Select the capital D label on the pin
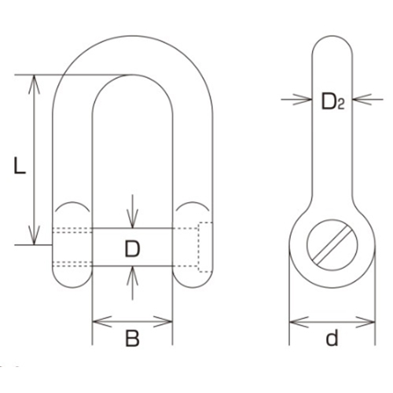tap(132, 250)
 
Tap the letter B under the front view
tap(132, 340)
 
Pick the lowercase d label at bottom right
tap(332, 340)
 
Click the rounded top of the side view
tap(331, 41)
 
